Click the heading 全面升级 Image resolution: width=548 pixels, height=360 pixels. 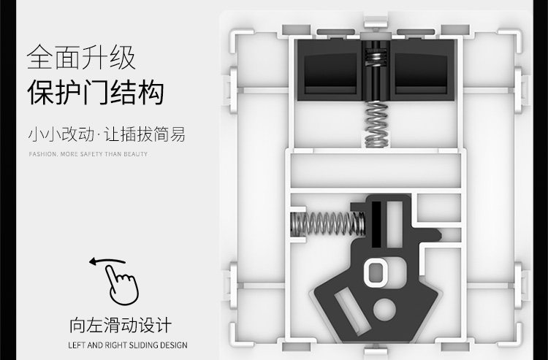[81, 57]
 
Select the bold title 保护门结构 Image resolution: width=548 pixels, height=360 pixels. [95, 93]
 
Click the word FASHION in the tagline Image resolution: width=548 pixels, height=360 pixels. [42, 155]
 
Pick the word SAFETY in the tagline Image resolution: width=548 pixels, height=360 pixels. [95, 155]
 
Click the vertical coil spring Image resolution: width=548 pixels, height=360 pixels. [376, 120]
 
